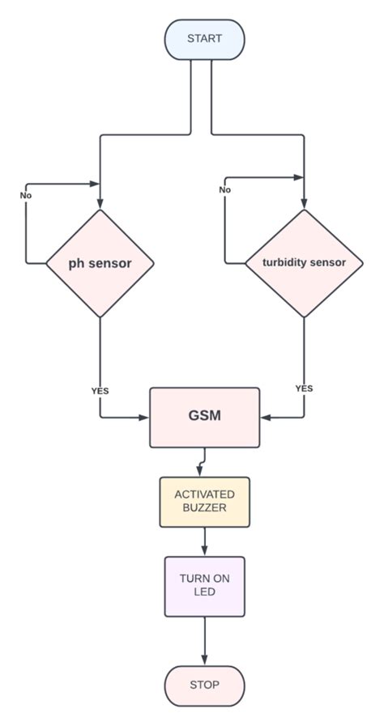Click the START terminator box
tap(204, 39)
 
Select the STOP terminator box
tap(204, 685)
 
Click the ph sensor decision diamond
tap(100, 263)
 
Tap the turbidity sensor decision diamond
tap(304, 263)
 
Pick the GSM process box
tap(204, 417)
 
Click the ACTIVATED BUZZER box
tap(204, 501)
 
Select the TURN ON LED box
tap(204, 586)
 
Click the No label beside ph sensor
tap(26, 196)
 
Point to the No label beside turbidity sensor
tap(224, 189)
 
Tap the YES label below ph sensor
tap(100, 391)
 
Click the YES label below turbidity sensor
tap(304, 388)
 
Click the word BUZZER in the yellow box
tap(204, 508)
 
